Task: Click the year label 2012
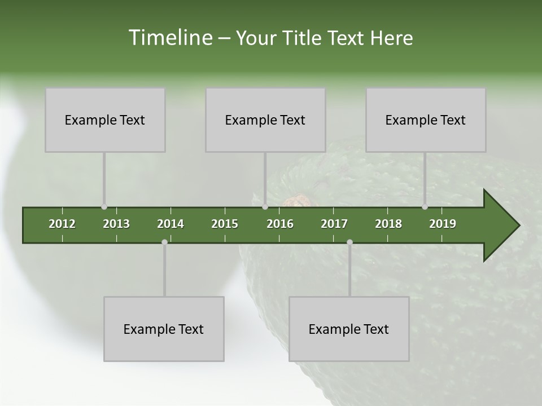[62, 224]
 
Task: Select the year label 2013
[116, 224]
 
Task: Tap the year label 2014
[171, 224]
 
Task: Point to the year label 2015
[225, 224]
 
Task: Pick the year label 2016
[280, 224]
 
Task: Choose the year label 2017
[334, 224]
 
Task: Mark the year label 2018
[388, 224]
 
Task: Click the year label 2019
[443, 224]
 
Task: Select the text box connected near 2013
[105, 120]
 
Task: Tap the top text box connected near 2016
[265, 120]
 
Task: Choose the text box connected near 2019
[426, 120]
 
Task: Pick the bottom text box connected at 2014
[164, 329]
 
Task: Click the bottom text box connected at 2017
[349, 329]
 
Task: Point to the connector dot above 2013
[104, 207]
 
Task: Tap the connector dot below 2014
[164, 242]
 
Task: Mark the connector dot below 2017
[349, 242]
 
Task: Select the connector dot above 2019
[425, 207]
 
